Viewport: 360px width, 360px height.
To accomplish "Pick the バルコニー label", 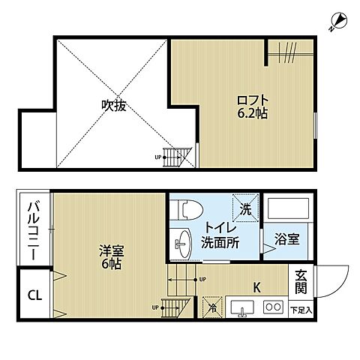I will tap(34, 232).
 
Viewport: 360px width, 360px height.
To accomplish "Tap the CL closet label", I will tap(34, 294).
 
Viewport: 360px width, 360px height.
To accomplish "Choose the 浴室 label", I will tap(285, 241).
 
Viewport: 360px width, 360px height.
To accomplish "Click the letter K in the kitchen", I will tap(256, 286).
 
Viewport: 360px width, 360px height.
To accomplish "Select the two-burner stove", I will tap(273, 307).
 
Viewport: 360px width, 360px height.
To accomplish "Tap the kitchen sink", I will tap(242, 307).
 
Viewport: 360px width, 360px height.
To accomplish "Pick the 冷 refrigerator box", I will tap(212, 306).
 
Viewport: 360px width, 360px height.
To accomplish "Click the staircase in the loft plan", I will tap(178, 156).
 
